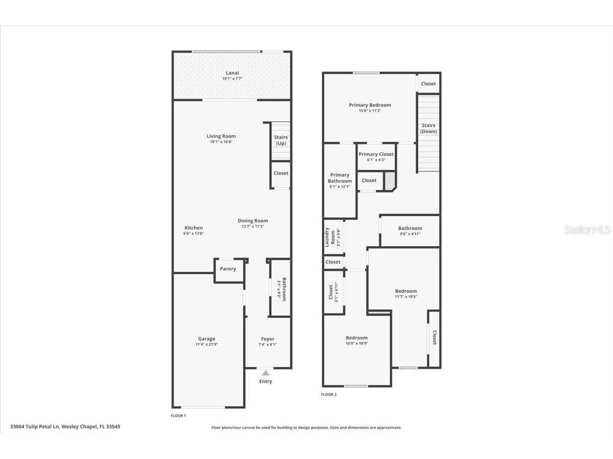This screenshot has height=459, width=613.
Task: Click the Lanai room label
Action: (x=232, y=73)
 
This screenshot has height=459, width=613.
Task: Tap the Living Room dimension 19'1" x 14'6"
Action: (x=221, y=142)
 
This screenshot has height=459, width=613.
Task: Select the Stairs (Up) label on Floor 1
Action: (x=280, y=140)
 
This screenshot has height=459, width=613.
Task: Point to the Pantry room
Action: (x=228, y=269)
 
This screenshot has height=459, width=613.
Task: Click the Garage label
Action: (x=206, y=339)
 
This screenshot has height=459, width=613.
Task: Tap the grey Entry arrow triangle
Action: (x=266, y=373)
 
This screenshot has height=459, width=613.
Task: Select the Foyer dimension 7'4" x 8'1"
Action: (x=268, y=345)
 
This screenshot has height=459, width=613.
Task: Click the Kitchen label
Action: (x=194, y=228)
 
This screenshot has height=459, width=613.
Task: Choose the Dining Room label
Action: (x=252, y=221)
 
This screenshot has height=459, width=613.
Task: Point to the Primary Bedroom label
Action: (x=370, y=105)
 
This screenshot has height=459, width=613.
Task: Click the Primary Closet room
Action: (x=376, y=156)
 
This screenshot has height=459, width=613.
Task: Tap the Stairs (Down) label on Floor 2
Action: (x=428, y=129)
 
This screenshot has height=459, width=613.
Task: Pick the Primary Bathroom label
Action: (x=340, y=178)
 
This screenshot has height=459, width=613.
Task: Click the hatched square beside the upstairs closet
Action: (x=390, y=181)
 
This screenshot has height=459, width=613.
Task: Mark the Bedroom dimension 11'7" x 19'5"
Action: (x=406, y=297)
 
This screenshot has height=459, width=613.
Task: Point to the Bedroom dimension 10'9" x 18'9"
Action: (x=357, y=344)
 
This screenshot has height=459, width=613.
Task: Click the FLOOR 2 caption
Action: (x=328, y=394)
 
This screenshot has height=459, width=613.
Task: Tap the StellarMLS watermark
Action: (x=587, y=230)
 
